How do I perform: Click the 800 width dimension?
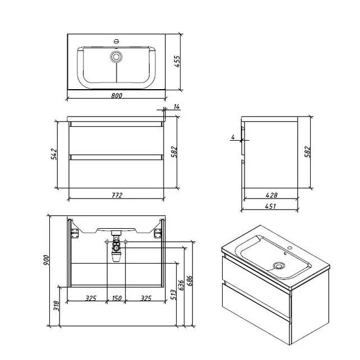pyautogui.click(x=117, y=95)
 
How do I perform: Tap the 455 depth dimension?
pyautogui.click(x=177, y=61)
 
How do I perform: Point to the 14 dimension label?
pyautogui.click(x=177, y=107)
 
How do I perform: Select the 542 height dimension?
pyautogui.click(x=54, y=154)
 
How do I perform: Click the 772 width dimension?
pyautogui.click(x=117, y=195)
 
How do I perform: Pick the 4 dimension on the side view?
pyautogui.click(x=233, y=137)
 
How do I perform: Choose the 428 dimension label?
pyautogui.click(x=271, y=195)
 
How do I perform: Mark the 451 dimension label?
pyautogui.click(x=270, y=206)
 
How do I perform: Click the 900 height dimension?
pyautogui.click(x=46, y=260)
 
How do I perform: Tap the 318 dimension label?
pyautogui.click(x=56, y=306)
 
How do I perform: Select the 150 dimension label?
pyautogui.click(x=117, y=298)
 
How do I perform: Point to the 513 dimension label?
pyautogui.click(x=174, y=294)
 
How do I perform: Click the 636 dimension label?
pyautogui.click(x=181, y=285)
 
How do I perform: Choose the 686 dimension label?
pyautogui.click(x=190, y=281)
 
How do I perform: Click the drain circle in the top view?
pyautogui.click(x=116, y=57)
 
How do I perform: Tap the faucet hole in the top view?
pyautogui.click(x=116, y=41)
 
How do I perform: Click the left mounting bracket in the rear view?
pyautogui.click(x=75, y=233)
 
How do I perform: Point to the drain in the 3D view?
pyautogui.click(x=279, y=266)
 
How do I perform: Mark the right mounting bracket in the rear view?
pyautogui.click(x=158, y=233)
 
